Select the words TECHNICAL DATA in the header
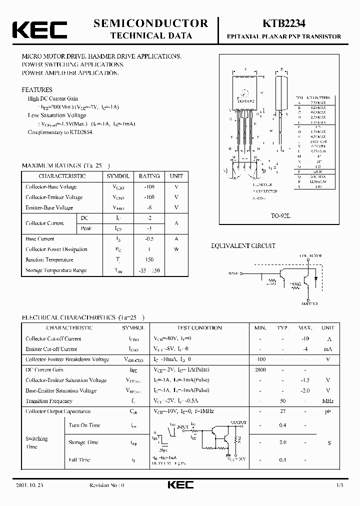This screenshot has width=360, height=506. pos(150,35)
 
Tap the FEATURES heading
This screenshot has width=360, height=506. pos(37,90)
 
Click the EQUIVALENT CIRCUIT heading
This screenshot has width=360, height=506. pos(243,246)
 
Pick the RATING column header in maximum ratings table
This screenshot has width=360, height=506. pos(149,176)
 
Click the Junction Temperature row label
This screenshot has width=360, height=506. pos(49,260)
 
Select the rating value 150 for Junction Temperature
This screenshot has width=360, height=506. pos(149,260)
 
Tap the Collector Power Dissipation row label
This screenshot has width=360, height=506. pos(56,249)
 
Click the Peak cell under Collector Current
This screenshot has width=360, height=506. pos(86,228)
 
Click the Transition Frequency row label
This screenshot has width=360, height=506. pos(49,401)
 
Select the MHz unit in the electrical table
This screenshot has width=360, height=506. pos(327,401)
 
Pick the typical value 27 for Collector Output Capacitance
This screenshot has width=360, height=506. pos(282,411)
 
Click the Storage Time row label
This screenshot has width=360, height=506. pos(83,442)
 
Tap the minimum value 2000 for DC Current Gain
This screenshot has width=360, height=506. pos(260,370)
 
